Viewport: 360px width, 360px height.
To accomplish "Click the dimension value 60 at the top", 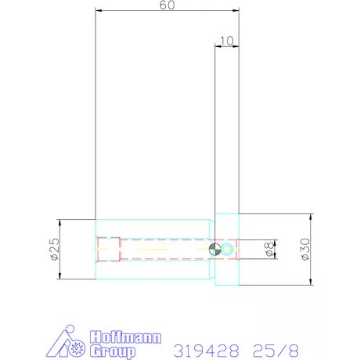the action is click(167, 5).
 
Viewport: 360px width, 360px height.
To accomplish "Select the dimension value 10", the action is click(227, 41).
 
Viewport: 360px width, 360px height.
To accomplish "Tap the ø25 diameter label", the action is click(55, 249).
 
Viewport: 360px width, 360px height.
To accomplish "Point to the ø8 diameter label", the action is click(270, 249).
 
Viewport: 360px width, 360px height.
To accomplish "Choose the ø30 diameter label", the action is click(305, 249).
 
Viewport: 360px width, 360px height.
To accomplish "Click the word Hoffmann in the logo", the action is click(125, 337).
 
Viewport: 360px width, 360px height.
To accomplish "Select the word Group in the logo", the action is click(113, 351).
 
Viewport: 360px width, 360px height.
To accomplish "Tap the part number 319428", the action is click(207, 351).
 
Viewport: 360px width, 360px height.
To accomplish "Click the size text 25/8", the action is click(275, 351).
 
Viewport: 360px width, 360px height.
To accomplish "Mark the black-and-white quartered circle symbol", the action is click(215, 250).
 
